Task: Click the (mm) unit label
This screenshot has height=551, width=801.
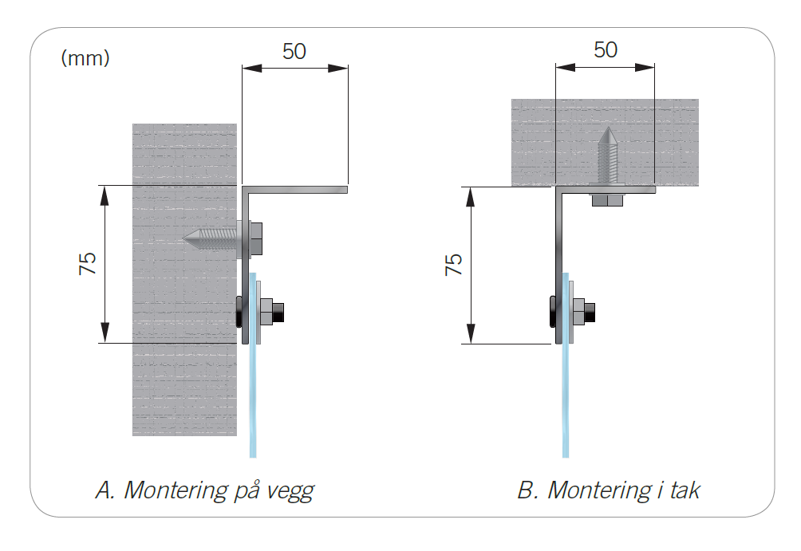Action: [85, 58]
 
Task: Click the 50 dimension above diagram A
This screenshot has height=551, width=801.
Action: [294, 51]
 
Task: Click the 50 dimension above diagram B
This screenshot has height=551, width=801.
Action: [606, 49]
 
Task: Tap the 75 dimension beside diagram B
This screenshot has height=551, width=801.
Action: [453, 265]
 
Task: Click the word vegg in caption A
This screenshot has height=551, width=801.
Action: [286, 490]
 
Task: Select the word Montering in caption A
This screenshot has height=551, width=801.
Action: [174, 490]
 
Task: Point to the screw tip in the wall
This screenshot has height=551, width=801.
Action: [189, 237]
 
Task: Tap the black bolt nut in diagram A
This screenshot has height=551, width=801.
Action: [278, 311]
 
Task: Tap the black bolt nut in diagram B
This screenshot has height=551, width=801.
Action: [590, 311]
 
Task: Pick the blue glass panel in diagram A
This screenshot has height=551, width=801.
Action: [254, 399]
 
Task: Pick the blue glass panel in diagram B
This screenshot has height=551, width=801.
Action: [566, 399]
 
